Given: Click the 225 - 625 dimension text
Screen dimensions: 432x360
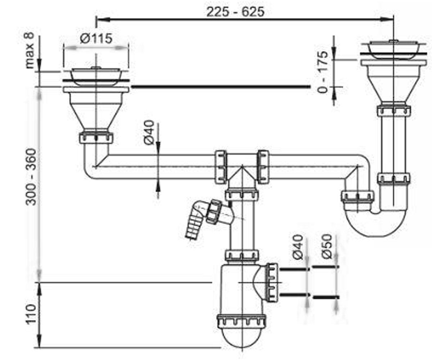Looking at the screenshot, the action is tap(235, 12).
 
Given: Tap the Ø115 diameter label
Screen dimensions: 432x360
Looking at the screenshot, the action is tap(96, 38).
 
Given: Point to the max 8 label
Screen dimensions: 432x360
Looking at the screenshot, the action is tap(29, 50).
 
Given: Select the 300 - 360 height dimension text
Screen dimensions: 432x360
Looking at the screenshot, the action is tap(31, 177).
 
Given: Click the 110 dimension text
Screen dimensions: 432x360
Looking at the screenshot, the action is tap(31, 314).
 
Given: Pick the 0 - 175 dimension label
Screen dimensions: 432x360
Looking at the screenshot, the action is tap(323, 72).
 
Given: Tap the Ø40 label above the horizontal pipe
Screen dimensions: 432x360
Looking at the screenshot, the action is tap(149, 132).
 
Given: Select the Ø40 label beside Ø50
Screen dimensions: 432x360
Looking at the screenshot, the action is tap(298, 247).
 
